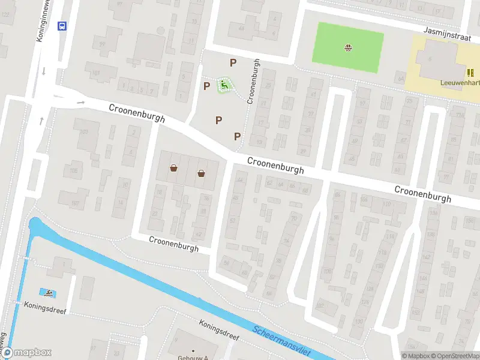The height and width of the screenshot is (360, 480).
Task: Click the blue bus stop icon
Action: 61,25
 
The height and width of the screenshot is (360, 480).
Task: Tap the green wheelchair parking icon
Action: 224,85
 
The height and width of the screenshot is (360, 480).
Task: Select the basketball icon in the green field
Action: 349,47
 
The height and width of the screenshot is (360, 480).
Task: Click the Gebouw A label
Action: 192,358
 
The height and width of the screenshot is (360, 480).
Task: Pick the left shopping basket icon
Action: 174,169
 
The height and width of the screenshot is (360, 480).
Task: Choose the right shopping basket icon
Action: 201,173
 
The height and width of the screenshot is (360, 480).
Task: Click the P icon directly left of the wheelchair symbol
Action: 206,86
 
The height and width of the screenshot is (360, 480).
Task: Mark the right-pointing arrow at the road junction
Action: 81,102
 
